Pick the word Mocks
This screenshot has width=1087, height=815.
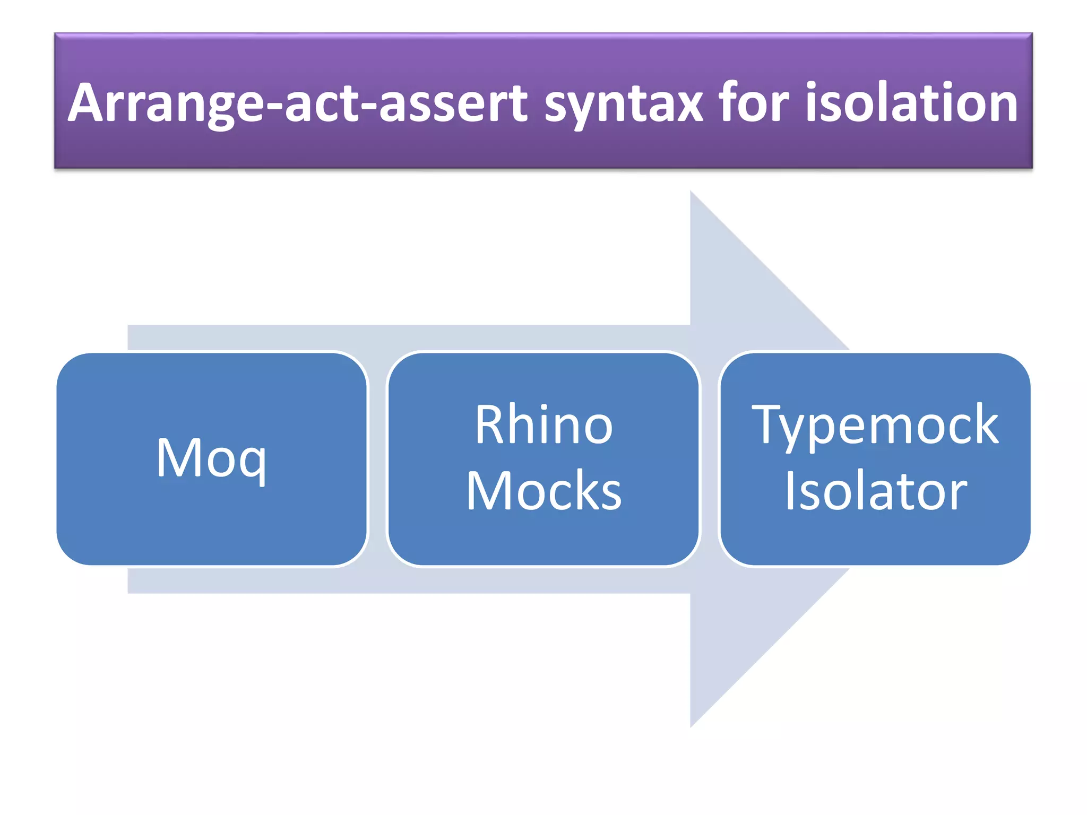pos(544,491)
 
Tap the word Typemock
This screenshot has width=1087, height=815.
pos(875,426)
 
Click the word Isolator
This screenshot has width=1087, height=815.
pos(876,491)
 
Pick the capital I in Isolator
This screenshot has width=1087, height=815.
pos(790,490)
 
